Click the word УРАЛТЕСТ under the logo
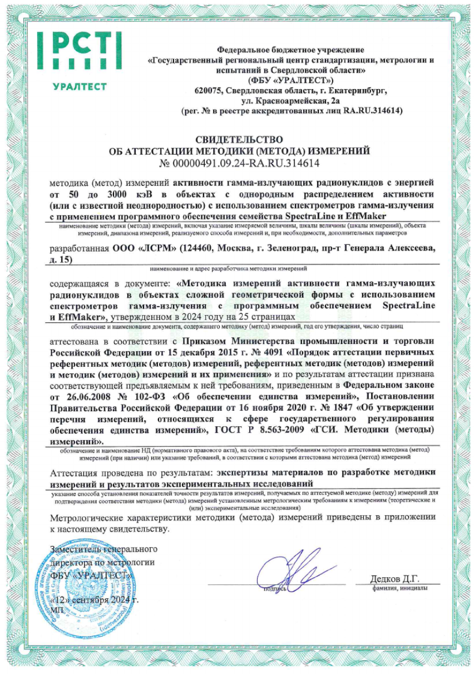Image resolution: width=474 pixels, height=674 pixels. coord(79,87)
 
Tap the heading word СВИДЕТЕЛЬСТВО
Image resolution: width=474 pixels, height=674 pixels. coord(239,139)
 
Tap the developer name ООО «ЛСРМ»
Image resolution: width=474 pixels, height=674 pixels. coord(134,249)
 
